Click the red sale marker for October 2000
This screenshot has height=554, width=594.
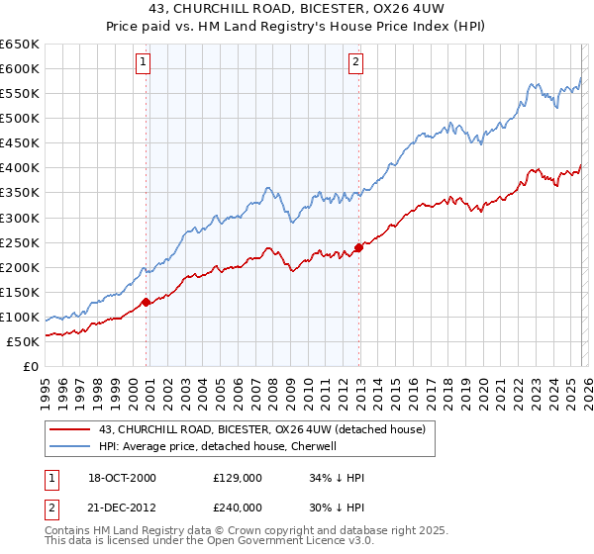(146, 302)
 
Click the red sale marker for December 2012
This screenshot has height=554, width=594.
(358, 247)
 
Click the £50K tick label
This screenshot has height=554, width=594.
(24, 341)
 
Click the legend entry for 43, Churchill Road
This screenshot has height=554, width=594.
(261, 429)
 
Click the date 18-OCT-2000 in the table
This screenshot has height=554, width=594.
(120, 478)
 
